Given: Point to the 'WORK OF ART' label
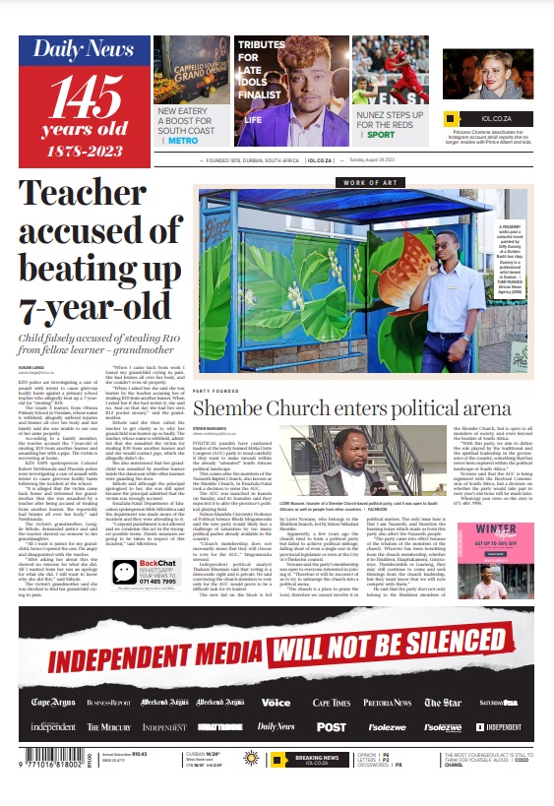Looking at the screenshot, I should point(370,182).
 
